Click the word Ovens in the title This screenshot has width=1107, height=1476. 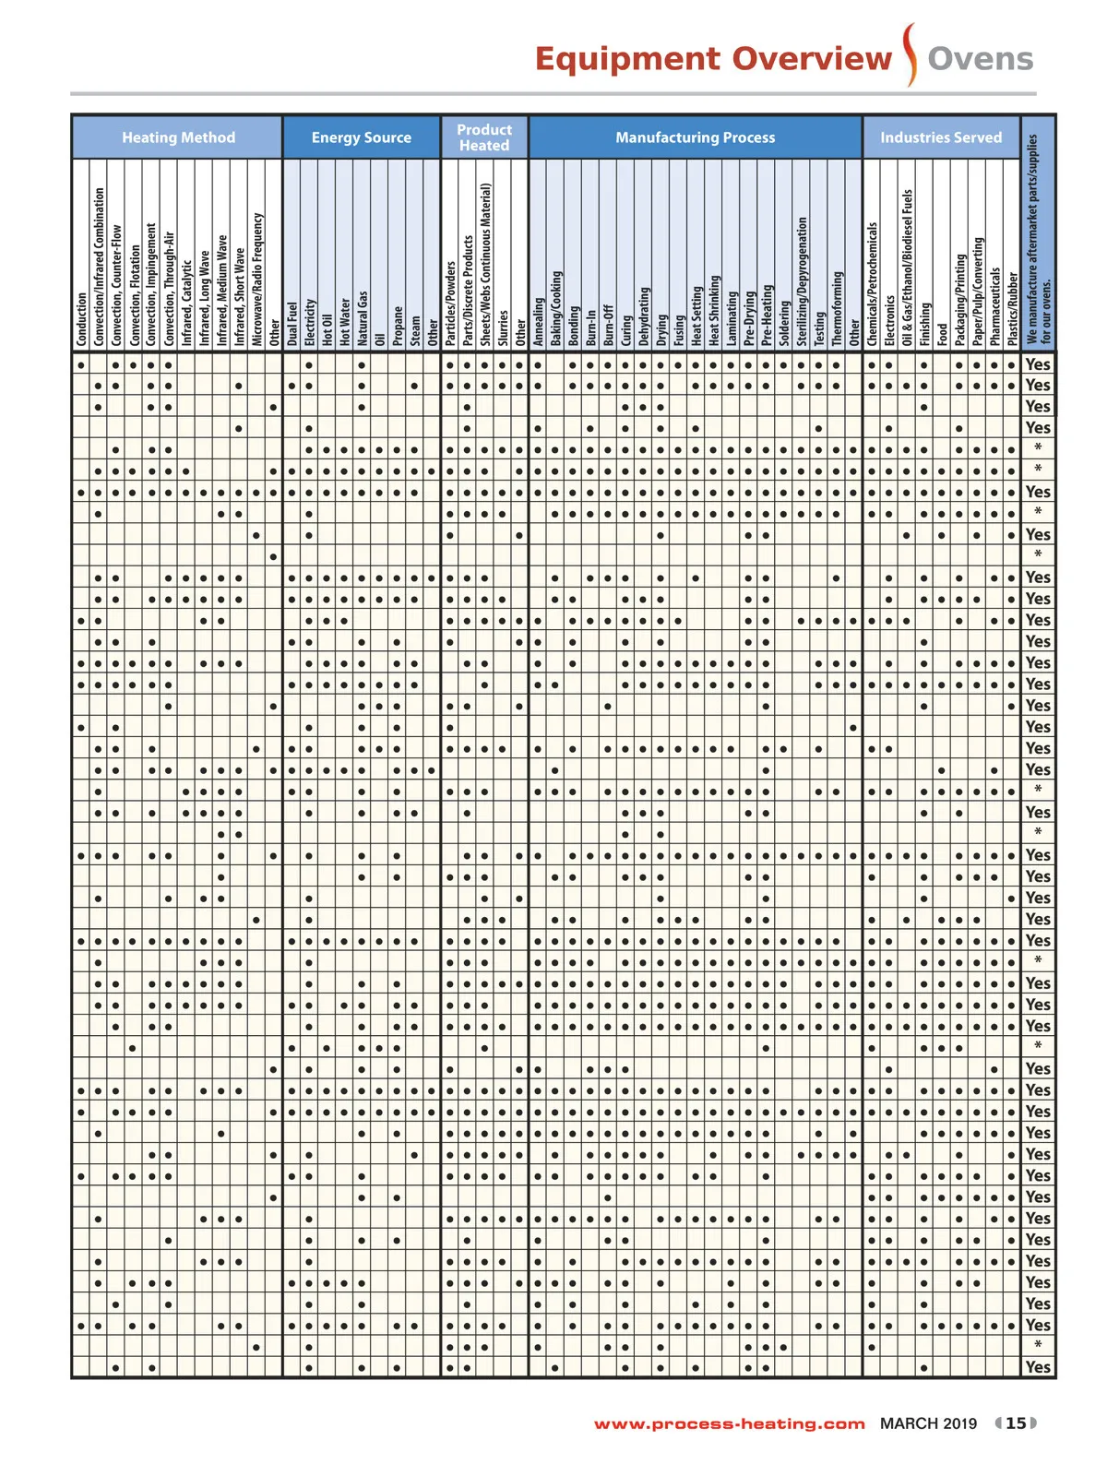pos(980,59)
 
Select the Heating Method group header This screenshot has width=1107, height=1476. pos(178,137)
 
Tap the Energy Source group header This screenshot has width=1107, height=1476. pos(362,137)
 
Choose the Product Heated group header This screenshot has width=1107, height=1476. pos(484,137)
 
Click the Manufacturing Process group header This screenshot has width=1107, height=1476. pos(696,137)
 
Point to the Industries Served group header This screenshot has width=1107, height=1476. pos(941,137)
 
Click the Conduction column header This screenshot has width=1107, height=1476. pos(81,319)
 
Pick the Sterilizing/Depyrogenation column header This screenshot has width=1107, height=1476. pos(802,281)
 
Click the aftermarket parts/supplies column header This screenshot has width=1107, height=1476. pos(1038,240)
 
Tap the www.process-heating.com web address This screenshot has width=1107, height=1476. pos(729,1423)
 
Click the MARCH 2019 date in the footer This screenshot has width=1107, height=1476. pos(928,1423)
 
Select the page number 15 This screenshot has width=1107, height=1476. pos(1016,1423)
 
